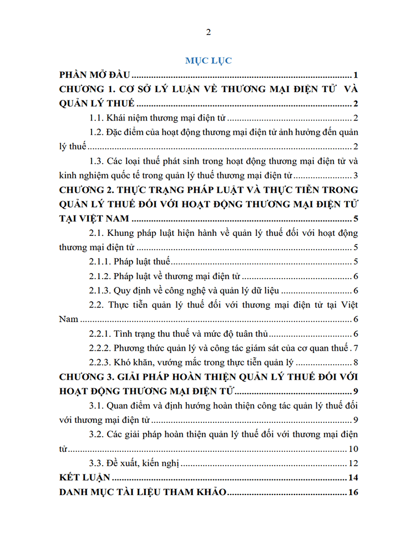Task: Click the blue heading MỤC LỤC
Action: click(x=208, y=60)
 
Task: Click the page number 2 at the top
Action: click(x=208, y=32)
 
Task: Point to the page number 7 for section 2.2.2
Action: click(x=358, y=349)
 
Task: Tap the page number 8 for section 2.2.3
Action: click(x=358, y=363)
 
